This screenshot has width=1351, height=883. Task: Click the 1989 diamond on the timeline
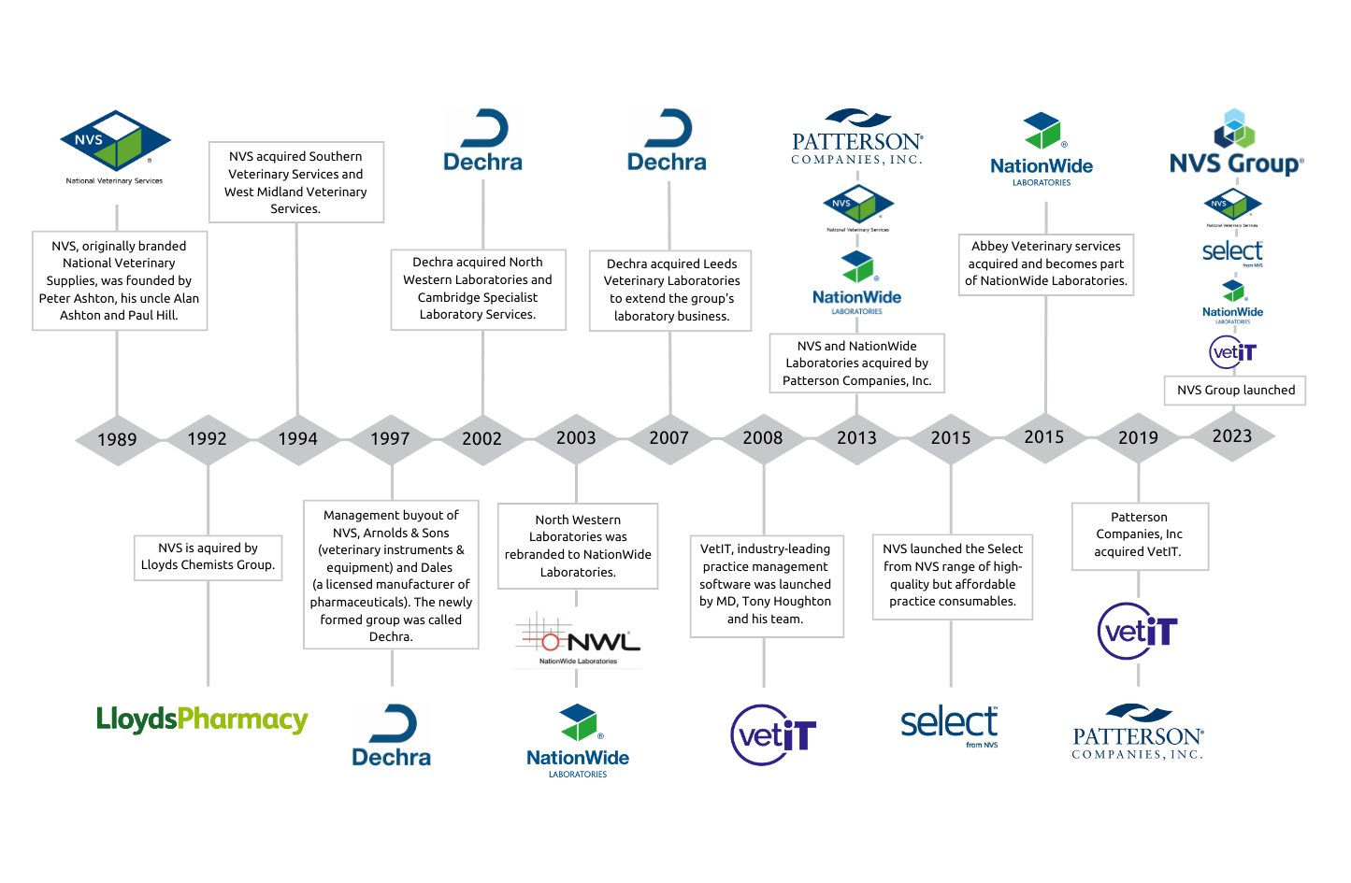(x=117, y=439)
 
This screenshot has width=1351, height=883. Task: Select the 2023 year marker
(x=1232, y=436)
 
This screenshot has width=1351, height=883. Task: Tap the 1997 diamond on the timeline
(x=390, y=439)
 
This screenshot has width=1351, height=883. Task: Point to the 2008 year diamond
(x=763, y=438)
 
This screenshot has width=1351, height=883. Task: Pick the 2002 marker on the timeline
(x=482, y=439)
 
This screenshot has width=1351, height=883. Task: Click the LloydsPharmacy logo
(x=202, y=719)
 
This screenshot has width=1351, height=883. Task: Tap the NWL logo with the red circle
(x=579, y=641)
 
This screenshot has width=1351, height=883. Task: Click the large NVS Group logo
(x=1236, y=145)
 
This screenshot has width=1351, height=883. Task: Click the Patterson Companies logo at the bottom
(x=1138, y=733)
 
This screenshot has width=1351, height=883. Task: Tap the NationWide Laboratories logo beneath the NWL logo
(x=578, y=741)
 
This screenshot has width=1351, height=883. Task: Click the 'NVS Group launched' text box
(x=1235, y=391)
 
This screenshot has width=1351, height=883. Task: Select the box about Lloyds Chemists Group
(x=208, y=557)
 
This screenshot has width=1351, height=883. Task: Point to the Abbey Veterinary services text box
(x=1046, y=264)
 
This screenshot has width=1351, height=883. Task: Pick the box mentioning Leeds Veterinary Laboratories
(x=670, y=291)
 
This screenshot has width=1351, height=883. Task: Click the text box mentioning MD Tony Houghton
(x=766, y=585)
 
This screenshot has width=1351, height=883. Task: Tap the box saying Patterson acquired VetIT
(x=1139, y=535)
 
